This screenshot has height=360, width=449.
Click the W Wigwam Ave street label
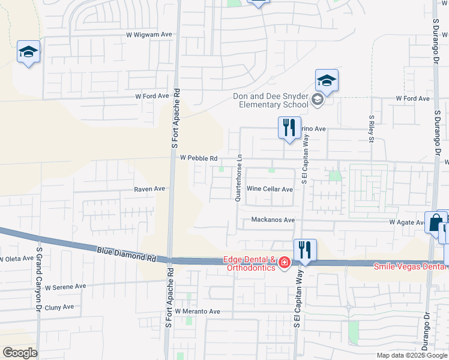(x=149, y=35)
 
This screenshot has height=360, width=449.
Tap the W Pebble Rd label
(x=198, y=158)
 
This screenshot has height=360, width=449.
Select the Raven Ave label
(x=149, y=188)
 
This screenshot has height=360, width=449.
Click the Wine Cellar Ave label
(x=270, y=189)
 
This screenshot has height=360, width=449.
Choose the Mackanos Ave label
(x=273, y=220)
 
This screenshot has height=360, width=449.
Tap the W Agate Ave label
(x=407, y=222)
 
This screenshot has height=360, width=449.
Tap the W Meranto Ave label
(x=197, y=311)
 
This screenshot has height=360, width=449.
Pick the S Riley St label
(x=372, y=130)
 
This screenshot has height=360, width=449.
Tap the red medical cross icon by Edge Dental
(x=283, y=263)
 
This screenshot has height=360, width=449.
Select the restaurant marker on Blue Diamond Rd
(x=305, y=250)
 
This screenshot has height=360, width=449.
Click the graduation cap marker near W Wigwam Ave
(x=28, y=52)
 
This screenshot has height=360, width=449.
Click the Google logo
(x=20, y=353)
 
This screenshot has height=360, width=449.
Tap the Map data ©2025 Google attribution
(x=411, y=355)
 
